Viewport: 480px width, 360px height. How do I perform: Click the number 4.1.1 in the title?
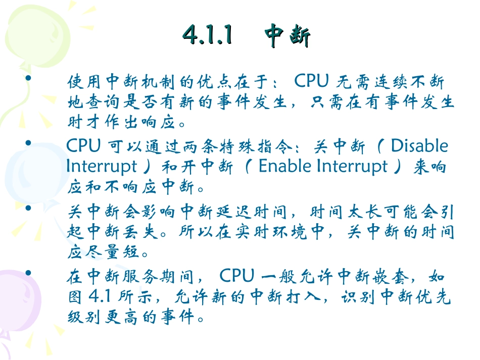point(208,36)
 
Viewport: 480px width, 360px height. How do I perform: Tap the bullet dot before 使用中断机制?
point(28,78)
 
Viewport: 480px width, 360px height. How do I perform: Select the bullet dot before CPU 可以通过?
point(28,143)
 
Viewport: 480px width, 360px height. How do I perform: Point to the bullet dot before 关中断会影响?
point(28,208)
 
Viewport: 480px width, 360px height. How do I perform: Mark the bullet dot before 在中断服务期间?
point(28,273)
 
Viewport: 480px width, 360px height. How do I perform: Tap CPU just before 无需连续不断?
point(312,81)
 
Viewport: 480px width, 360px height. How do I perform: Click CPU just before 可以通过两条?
point(84,146)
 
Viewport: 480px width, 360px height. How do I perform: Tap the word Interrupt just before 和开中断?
point(101,167)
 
